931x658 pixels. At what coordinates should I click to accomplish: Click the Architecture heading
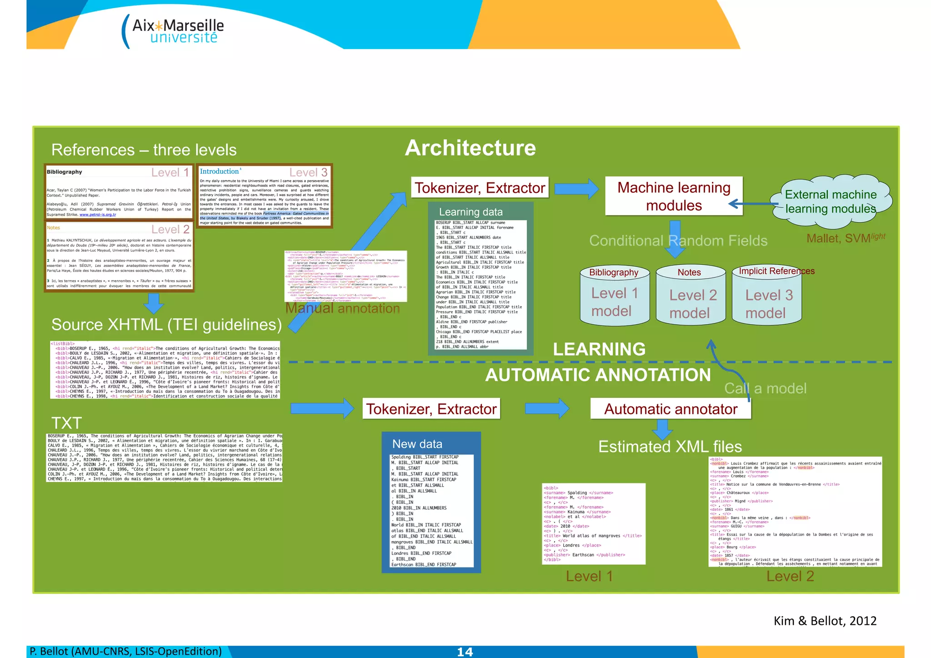coord(470,148)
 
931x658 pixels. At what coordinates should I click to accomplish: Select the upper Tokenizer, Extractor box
coord(480,188)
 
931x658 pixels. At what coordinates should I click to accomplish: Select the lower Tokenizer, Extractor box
coord(431,409)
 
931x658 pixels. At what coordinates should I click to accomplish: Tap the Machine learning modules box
coord(673,196)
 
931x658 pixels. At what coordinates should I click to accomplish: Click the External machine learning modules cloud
coord(831,202)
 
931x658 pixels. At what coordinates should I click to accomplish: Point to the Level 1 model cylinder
coord(614,296)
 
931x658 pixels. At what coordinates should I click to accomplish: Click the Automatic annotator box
coord(670,409)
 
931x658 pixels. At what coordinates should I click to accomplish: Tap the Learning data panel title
coord(471,212)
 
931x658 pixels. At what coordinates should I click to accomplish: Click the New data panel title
coord(417,444)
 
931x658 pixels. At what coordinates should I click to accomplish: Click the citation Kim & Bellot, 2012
coord(825,621)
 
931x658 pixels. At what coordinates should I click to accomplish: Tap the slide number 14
coord(465,652)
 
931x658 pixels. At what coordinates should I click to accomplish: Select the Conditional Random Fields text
coord(678,241)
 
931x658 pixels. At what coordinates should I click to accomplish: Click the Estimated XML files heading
coord(670,447)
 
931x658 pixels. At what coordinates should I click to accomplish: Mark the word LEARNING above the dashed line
coord(599,349)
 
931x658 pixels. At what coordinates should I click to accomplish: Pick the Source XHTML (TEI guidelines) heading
coord(166,325)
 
